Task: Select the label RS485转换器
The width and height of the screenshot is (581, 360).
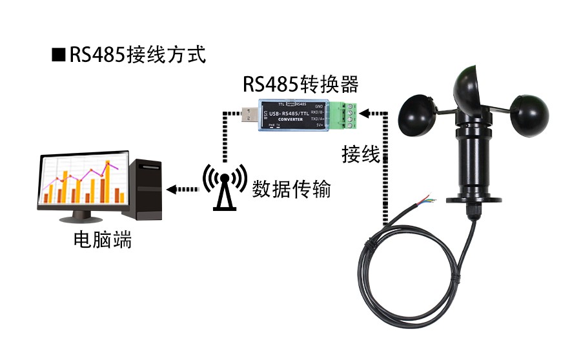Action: (x=300, y=84)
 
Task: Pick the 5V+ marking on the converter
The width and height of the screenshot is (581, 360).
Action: (x=319, y=126)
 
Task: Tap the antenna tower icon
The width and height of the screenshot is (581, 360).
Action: (x=225, y=186)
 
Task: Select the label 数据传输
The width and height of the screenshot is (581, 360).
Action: (x=291, y=190)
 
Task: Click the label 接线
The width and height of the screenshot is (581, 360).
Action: (x=360, y=155)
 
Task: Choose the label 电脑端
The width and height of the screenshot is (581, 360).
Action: (x=103, y=241)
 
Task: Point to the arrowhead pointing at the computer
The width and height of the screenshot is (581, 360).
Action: (x=171, y=190)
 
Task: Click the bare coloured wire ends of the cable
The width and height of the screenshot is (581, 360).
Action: (x=428, y=199)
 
